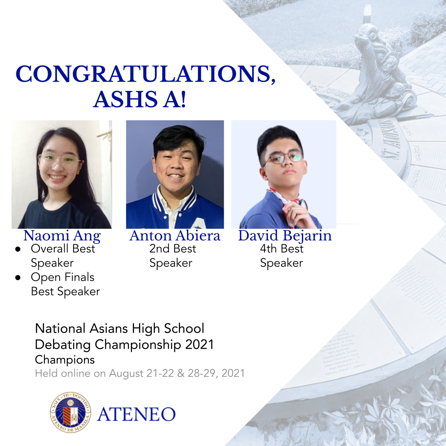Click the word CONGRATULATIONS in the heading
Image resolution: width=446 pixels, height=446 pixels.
(x=145, y=74)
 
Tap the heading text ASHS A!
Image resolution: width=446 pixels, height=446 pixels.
(x=140, y=99)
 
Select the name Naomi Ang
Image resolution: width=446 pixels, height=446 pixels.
(x=62, y=236)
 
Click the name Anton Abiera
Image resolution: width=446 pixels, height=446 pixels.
(x=175, y=236)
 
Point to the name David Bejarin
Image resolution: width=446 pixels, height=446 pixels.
(x=285, y=236)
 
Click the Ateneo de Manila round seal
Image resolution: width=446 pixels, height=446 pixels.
(x=70, y=412)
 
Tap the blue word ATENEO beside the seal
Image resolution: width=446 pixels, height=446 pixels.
(x=136, y=415)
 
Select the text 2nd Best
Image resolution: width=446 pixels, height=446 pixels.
(x=173, y=249)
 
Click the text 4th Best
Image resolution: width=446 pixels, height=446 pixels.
(x=281, y=249)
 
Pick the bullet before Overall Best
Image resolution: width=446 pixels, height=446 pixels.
(x=18, y=249)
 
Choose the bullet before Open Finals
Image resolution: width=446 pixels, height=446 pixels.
(x=18, y=278)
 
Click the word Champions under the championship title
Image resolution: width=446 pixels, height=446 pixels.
(x=65, y=360)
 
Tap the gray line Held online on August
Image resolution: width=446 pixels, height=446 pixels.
(x=139, y=374)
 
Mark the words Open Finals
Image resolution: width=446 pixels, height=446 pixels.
(x=63, y=278)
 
